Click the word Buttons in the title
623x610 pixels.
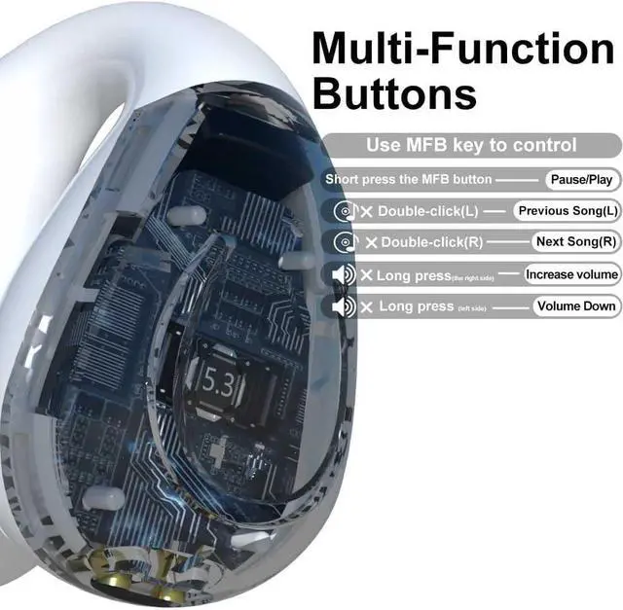(x=395, y=94)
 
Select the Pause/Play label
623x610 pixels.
(x=581, y=180)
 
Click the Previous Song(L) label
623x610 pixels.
(x=568, y=210)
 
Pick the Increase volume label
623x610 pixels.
(x=572, y=274)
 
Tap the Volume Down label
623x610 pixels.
(x=576, y=306)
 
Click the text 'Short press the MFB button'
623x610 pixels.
(x=409, y=180)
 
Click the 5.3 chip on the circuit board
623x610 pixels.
(x=218, y=378)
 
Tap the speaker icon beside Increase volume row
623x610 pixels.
(x=342, y=275)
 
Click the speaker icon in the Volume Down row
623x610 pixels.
(x=342, y=307)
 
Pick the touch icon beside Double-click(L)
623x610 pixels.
(x=343, y=211)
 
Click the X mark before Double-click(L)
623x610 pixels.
(x=367, y=211)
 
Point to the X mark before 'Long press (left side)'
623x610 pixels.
(x=367, y=307)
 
